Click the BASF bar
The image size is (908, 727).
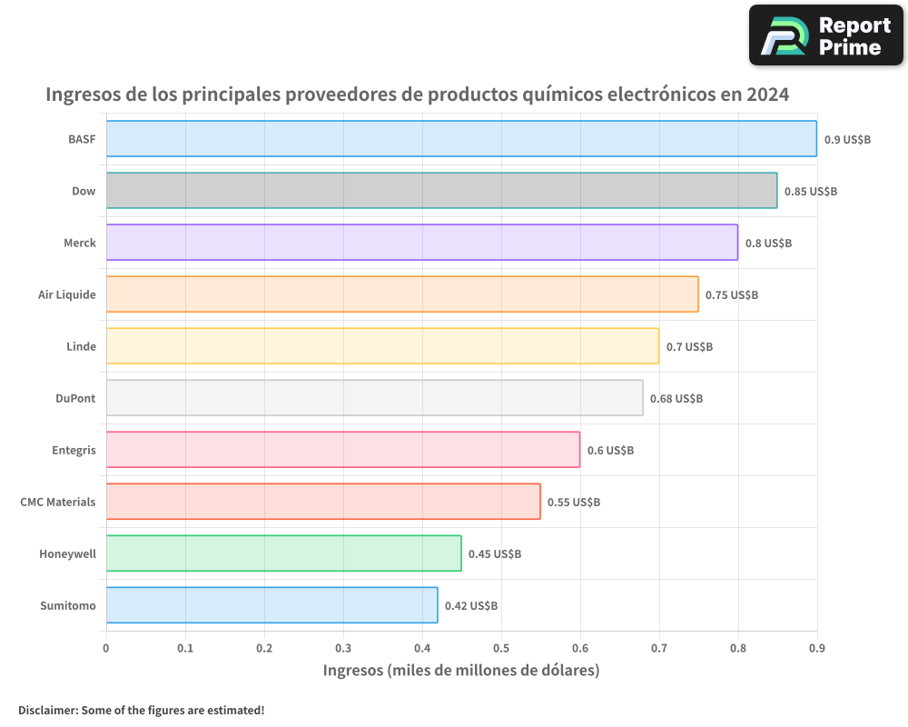coord(461,138)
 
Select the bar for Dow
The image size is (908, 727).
coord(441,190)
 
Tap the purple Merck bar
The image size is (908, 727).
coord(421,243)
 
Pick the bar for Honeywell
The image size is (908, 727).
coord(283,553)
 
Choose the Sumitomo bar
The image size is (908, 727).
coord(271,605)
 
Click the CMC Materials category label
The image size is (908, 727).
coord(57,502)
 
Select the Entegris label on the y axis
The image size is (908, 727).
coord(74,450)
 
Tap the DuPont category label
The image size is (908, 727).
coord(75,398)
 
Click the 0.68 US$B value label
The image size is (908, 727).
coord(676,399)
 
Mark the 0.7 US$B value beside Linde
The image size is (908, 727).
coord(689,347)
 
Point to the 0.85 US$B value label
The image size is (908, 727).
coord(811,192)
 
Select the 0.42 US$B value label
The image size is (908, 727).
coord(471,606)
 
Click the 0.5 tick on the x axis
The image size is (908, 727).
coord(501,648)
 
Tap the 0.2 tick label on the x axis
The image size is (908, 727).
coord(264,648)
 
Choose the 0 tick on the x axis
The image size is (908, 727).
coord(106,648)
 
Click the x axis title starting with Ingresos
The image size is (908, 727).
coord(461,671)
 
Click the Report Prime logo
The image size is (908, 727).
coord(826,35)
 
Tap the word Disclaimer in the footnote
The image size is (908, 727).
coord(47,710)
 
